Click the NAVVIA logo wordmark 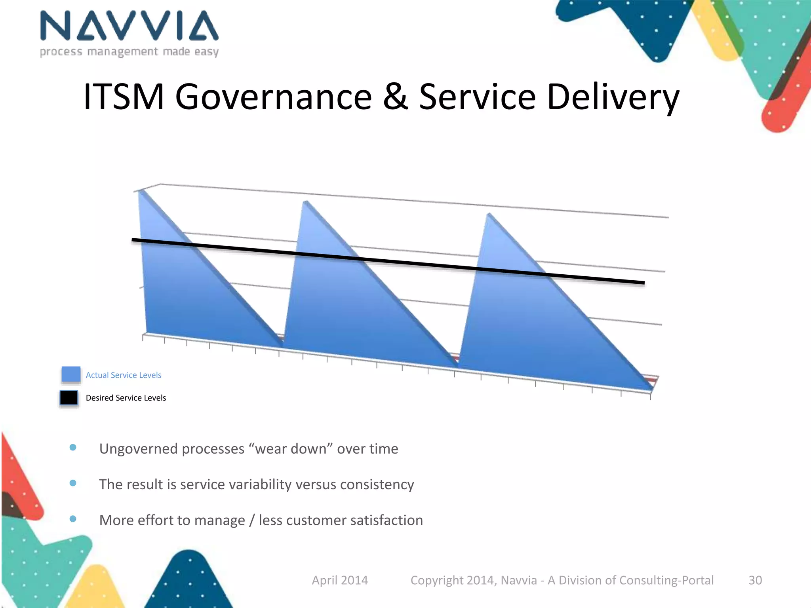tap(129, 26)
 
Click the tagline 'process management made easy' tap(129, 52)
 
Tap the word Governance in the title tap(273, 97)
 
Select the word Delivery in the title tap(613, 97)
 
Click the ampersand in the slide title tap(395, 97)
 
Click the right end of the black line tap(643, 283)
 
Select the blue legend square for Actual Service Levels tap(71, 374)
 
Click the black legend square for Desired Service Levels tap(69, 398)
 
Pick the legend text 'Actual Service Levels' tap(124, 375)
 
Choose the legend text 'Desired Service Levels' tap(126, 398)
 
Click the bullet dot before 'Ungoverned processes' tap(73, 448)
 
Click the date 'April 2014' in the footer tap(340, 580)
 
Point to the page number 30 tap(755, 580)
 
